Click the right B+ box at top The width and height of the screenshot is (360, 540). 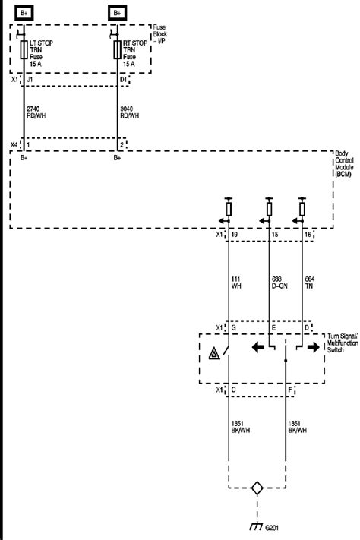tap(118, 13)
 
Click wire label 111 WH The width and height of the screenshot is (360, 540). tap(237, 283)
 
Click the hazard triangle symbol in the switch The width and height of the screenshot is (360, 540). tap(213, 353)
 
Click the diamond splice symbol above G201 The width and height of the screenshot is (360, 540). tap(257, 489)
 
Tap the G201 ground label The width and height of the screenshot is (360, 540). tap(277, 529)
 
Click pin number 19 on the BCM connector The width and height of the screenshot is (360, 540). tap(234, 237)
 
